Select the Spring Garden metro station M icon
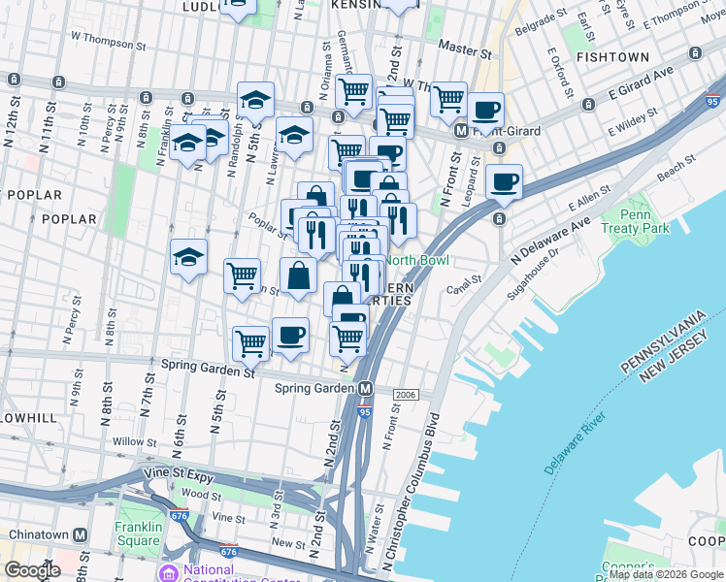(x=366, y=389)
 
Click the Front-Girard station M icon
(x=463, y=131)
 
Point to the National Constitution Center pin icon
(x=171, y=572)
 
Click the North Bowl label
(x=416, y=260)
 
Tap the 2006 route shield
(x=406, y=395)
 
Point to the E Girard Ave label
(x=641, y=82)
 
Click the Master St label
(x=461, y=46)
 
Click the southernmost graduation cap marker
(x=188, y=257)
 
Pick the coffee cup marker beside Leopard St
(x=503, y=181)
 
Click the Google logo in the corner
(x=32, y=570)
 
